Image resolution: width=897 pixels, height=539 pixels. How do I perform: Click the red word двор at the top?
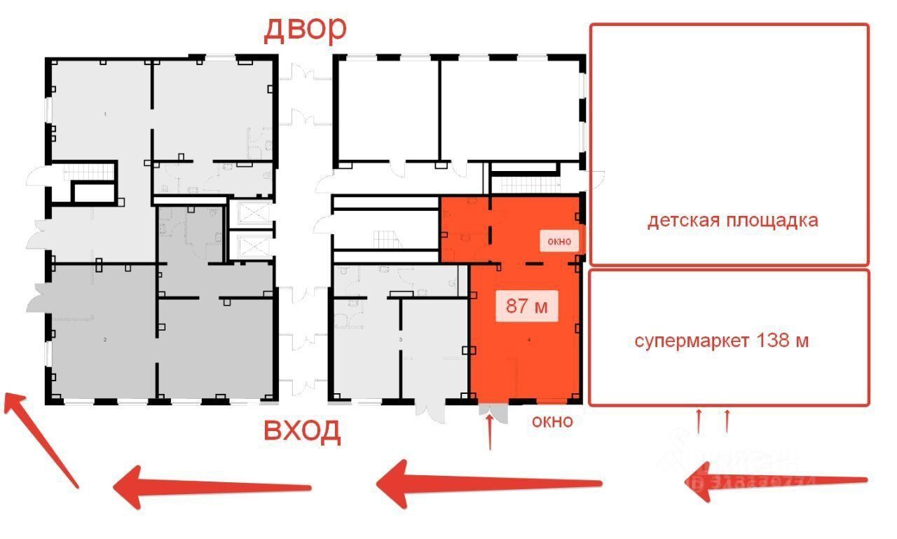pos(305,28)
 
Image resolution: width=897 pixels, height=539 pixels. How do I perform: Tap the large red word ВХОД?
pos(302,430)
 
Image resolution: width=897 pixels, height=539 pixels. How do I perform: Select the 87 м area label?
pos(527,306)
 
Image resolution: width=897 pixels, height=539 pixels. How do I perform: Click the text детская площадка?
pos(732,220)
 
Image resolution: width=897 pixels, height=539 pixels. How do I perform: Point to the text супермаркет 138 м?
pos(722,341)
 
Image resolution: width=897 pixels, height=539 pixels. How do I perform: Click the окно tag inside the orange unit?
pos(559,241)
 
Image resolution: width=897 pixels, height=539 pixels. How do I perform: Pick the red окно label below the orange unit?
pos(552,421)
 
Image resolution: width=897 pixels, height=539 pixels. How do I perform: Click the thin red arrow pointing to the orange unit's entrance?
pos(490,431)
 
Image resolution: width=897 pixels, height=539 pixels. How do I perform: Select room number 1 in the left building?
pos(105,114)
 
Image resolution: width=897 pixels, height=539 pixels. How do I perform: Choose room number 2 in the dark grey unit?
pos(105,339)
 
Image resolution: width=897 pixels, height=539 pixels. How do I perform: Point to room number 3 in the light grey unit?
pos(401,339)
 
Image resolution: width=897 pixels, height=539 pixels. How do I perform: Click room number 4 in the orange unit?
pos(528,339)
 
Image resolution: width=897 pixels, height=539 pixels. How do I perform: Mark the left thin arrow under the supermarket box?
pos(699,421)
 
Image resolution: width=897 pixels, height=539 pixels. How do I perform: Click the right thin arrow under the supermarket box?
pos(727,421)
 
